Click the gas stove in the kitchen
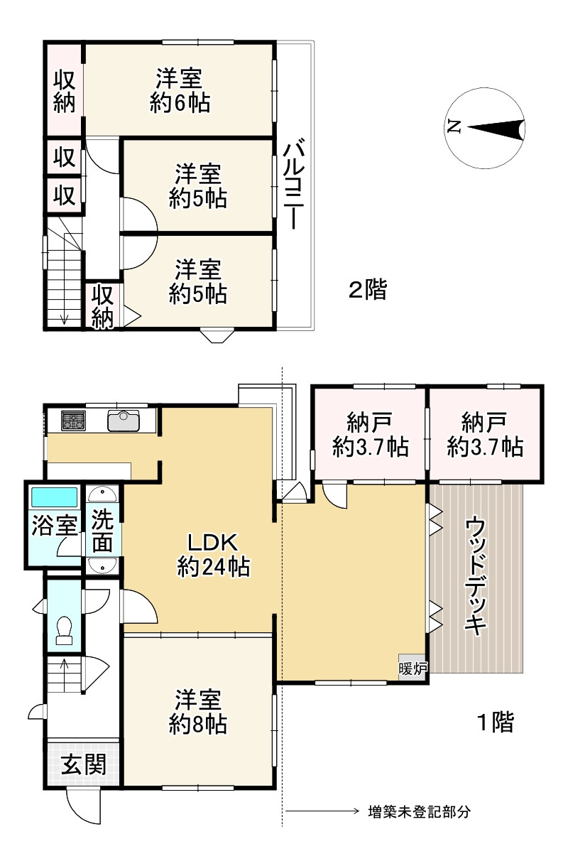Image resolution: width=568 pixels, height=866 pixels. tap(73, 421)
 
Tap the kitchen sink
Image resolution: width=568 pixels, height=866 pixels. tap(124, 421)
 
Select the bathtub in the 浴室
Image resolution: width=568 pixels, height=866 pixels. tap(55, 497)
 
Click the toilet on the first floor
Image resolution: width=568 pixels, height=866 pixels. tap(64, 630)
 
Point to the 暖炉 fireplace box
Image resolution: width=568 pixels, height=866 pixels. tap(413, 669)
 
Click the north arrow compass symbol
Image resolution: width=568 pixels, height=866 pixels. tap(485, 128)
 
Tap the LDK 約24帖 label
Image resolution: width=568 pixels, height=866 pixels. tap(213, 555)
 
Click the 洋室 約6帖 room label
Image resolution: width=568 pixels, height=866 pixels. tap(180, 90)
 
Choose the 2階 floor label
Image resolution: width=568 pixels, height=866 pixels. tap(368, 290)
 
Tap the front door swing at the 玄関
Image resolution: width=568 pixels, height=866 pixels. tap(83, 808)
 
